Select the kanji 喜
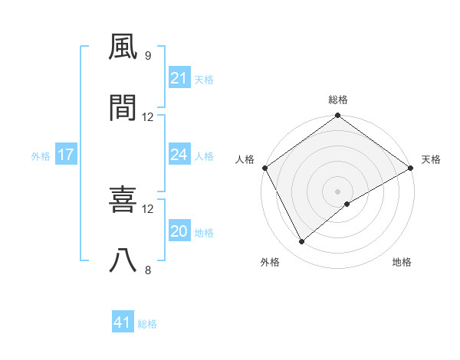[x=123, y=199]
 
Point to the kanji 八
[x=123, y=260]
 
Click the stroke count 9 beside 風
[x=147, y=55]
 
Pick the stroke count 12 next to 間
[x=148, y=117]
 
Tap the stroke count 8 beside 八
[x=147, y=270]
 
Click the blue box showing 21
[x=179, y=78]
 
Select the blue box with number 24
[x=179, y=155]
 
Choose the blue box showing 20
[x=179, y=231]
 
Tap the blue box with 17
[x=66, y=155]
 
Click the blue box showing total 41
[x=123, y=322]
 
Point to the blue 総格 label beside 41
[x=147, y=324]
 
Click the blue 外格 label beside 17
[x=41, y=156]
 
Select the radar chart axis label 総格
[x=338, y=100]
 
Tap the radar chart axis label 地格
[x=402, y=263]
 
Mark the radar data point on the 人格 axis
[x=264, y=168]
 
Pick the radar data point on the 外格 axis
[x=302, y=241]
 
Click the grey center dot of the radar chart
[x=338, y=191]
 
